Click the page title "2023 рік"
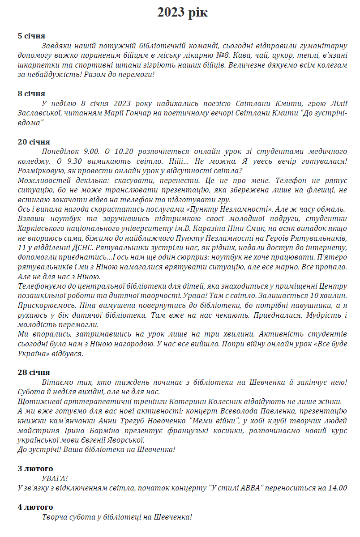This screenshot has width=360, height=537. (x=182, y=13)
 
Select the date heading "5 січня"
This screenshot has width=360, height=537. (x=31, y=36)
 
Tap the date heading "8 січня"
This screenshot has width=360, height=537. (x=31, y=94)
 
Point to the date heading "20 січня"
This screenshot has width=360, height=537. (x=34, y=142)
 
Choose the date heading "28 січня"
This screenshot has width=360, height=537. (x=34, y=372)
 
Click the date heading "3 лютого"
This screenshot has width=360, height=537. (x=35, y=469)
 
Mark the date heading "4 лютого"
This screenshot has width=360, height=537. (x=35, y=507)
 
